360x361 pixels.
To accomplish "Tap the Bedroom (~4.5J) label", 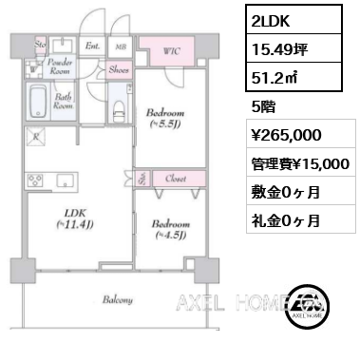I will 170,230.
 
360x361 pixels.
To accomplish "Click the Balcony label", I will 118,300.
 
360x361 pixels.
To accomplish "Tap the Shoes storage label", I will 119,69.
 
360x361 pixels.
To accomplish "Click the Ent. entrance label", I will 93,45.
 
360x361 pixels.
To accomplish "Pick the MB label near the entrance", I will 120,45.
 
